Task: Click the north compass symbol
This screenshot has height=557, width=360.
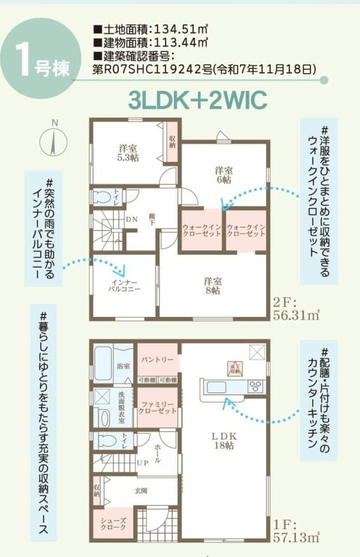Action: (53, 141)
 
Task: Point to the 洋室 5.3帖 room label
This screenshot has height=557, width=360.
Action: (128, 153)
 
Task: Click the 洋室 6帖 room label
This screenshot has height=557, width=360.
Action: (223, 175)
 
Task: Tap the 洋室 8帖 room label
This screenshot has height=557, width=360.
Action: (212, 285)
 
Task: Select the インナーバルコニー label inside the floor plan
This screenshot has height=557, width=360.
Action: (124, 285)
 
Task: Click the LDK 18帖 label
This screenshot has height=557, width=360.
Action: (223, 440)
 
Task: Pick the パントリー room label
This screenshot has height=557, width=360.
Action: (156, 359)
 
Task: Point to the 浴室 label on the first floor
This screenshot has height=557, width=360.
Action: (123, 366)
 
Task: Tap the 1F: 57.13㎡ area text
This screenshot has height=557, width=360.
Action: (295, 532)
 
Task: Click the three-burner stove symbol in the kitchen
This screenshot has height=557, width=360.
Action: (256, 386)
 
